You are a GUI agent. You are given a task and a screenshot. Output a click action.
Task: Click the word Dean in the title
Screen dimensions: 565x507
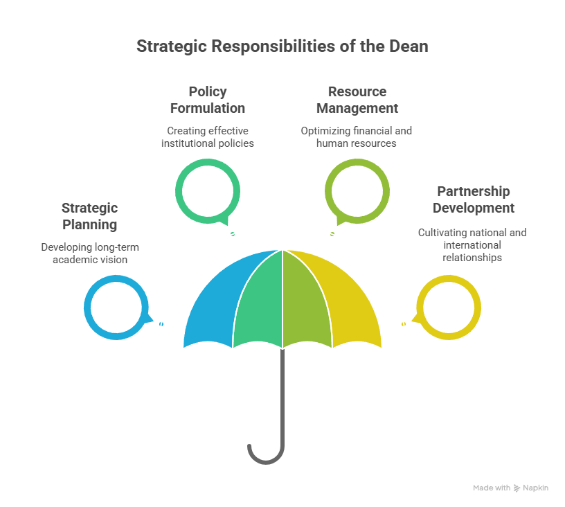pyautogui.click(x=409, y=46)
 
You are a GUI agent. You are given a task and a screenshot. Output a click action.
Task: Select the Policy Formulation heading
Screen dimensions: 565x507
pyautogui.click(x=208, y=100)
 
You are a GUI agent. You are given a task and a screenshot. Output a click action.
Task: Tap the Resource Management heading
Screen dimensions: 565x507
pyautogui.click(x=357, y=100)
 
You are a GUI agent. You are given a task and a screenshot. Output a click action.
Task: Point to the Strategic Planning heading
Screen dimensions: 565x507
pyautogui.click(x=90, y=216)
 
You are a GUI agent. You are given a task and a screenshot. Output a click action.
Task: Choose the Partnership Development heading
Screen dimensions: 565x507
pyautogui.click(x=474, y=199)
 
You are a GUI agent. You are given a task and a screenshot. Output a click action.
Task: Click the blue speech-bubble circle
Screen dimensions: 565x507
pyautogui.click(x=87, y=308)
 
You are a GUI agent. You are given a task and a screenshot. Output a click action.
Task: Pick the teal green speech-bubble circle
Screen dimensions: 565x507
pyautogui.click(x=179, y=191)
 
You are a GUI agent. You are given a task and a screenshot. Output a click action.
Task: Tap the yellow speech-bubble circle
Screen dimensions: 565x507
pyautogui.click(x=478, y=308)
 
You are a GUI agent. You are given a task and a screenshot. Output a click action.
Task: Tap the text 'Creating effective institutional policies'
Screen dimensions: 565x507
pyautogui.click(x=208, y=137)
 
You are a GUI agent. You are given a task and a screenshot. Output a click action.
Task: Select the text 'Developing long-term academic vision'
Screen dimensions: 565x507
pyautogui.click(x=90, y=254)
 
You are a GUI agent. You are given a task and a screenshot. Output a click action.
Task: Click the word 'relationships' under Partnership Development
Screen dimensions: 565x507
pyautogui.click(x=472, y=258)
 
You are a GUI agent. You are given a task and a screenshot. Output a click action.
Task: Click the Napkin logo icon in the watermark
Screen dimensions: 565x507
pyautogui.click(x=517, y=488)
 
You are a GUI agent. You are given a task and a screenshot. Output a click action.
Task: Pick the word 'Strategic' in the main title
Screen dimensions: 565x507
pyautogui.click(x=172, y=47)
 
